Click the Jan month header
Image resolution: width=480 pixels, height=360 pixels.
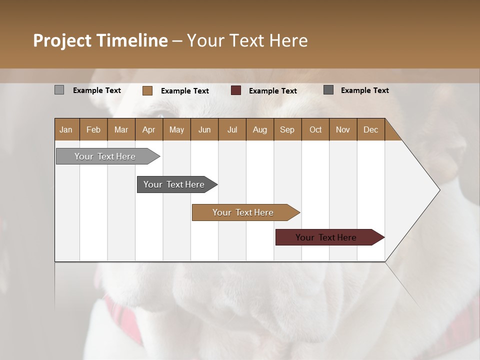[66, 129]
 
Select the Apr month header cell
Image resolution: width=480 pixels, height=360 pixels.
[148, 129]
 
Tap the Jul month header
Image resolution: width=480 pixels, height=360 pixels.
[232, 129]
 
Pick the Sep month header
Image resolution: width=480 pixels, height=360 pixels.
[287, 129]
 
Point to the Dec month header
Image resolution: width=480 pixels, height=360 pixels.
[370, 129]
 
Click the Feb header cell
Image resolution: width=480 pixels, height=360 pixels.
[93, 129]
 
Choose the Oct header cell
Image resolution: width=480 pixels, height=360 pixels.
[315, 129]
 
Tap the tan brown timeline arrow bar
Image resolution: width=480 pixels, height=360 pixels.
[243, 212]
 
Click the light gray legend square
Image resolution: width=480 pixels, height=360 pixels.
[59, 90]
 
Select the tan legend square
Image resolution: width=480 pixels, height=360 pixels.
[147, 90]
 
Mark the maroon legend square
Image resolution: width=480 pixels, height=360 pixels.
[236, 90]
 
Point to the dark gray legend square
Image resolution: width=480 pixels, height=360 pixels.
[328, 90]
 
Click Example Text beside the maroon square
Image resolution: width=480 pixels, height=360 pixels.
[272, 90]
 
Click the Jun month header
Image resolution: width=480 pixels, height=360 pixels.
[204, 129]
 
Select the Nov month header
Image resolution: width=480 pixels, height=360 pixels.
[342, 129]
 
